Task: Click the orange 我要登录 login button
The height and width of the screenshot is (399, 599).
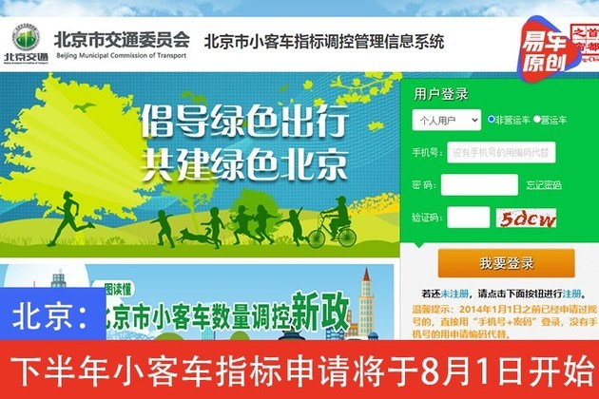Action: coord(506,263)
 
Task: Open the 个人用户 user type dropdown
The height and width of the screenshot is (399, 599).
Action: coord(446,120)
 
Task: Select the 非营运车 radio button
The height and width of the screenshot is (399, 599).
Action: coord(492,120)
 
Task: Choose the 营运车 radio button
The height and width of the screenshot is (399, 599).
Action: coord(536,120)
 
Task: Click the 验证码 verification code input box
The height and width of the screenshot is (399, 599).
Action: coord(469,218)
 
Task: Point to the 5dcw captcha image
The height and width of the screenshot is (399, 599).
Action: coord(530,218)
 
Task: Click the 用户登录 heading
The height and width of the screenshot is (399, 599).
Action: coord(441,92)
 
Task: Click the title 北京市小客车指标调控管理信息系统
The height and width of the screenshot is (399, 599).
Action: coord(324,42)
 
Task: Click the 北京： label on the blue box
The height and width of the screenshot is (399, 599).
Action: coord(52,314)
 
